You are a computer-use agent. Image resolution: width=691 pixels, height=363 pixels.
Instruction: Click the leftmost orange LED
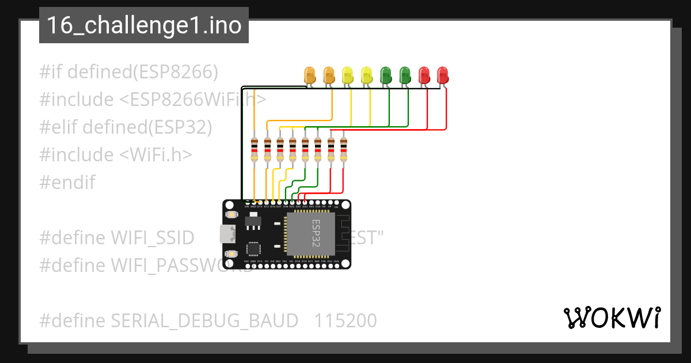click(310, 74)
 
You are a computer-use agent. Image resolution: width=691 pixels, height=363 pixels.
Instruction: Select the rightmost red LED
click(442, 74)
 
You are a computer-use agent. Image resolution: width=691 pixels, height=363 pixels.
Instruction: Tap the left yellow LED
click(347, 74)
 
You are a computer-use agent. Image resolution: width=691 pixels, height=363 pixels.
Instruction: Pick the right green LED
click(405, 74)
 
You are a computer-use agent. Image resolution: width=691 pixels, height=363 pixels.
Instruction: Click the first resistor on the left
click(255, 150)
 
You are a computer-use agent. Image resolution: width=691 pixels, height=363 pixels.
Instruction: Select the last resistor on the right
click(343, 150)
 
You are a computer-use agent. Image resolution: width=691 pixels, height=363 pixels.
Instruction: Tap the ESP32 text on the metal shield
click(316, 233)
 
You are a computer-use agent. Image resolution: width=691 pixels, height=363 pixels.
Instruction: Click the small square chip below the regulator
click(253, 249)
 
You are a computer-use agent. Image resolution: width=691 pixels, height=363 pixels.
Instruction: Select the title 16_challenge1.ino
click(144, 25)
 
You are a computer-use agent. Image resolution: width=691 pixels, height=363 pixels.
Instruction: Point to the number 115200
click(345, 321)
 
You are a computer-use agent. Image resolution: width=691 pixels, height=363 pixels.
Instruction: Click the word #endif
click(67, 183)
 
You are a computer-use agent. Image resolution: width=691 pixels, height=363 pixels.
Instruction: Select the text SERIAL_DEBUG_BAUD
click(204, 321)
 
